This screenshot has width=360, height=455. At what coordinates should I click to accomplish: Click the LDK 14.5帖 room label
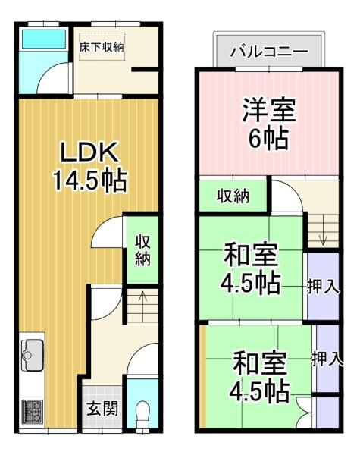89,167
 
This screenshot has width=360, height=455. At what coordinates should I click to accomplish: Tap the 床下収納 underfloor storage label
102,47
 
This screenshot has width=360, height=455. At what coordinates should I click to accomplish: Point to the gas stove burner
33,412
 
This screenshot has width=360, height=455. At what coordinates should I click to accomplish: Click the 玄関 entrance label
102,409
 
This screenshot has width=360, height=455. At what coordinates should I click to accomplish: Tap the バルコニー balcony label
269,52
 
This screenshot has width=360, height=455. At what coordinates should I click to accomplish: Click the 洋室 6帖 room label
269,124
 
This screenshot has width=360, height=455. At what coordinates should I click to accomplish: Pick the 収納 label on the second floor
233,196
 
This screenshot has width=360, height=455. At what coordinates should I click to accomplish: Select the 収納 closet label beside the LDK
142,250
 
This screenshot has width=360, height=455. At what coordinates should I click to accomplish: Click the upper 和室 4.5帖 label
251,268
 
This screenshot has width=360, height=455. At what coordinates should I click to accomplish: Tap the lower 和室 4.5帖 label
260,376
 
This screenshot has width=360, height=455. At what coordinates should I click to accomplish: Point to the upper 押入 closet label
323,287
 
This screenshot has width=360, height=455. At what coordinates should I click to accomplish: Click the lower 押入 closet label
327,359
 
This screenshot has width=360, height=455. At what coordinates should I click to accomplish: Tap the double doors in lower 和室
304,413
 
